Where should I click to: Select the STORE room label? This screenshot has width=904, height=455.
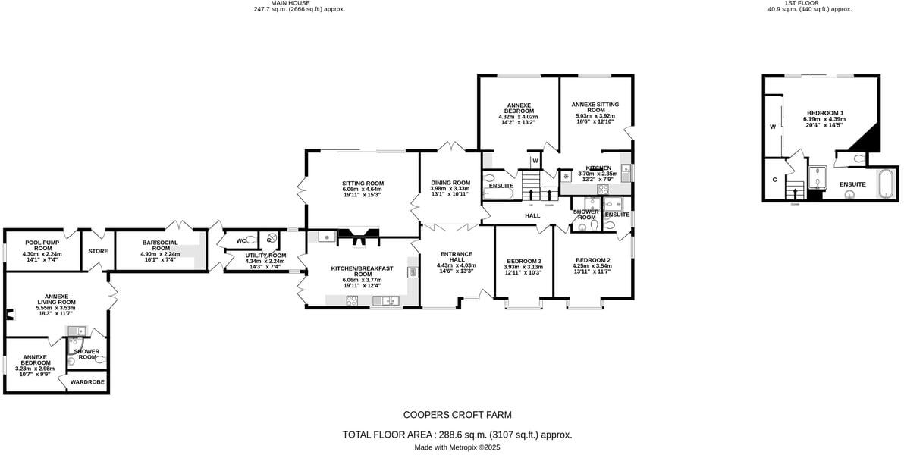tap(98, 251)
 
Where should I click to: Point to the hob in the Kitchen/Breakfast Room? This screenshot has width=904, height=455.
tap(353, 300)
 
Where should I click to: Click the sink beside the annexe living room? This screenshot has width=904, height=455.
tap(77, 331)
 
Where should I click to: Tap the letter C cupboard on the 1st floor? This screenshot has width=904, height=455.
tap(774, 180)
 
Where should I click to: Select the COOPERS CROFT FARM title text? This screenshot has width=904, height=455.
tap(457, 415)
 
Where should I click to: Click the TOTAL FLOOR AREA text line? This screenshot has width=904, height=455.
tap(457, 435)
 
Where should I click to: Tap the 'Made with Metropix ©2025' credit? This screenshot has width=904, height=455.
tap(457, 447)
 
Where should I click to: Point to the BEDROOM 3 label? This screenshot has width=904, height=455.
tap(524, 261)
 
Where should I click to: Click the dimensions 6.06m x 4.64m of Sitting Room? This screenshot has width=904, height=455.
tap(363, 189)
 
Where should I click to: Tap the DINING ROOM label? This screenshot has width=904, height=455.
tap(450, 183)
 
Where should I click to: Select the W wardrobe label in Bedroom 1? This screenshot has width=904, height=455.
tap(773, 127)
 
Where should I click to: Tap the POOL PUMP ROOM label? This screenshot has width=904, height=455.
tap(42, 245)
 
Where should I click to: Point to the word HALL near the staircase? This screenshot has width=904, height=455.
tap(532, 216)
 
